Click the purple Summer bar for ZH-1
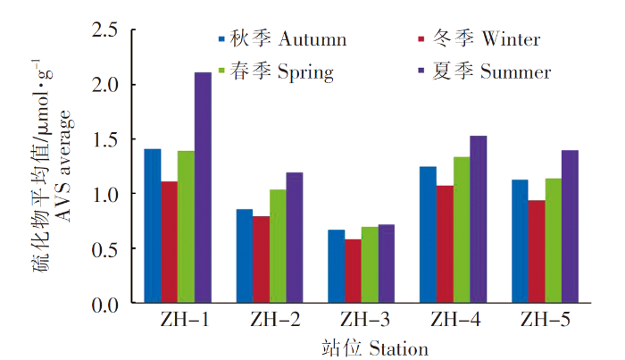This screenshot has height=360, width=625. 203,188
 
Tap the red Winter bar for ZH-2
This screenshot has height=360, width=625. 261,260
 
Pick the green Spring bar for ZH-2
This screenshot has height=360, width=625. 278,247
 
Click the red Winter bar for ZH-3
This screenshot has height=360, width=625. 352,272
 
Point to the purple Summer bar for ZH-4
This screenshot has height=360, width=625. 478,220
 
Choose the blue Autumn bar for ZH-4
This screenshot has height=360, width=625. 427,235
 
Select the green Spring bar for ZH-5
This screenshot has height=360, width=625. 554,241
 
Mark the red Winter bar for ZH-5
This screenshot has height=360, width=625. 537,252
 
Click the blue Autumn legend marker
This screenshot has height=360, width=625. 221,39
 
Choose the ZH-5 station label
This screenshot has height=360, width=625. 544,320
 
